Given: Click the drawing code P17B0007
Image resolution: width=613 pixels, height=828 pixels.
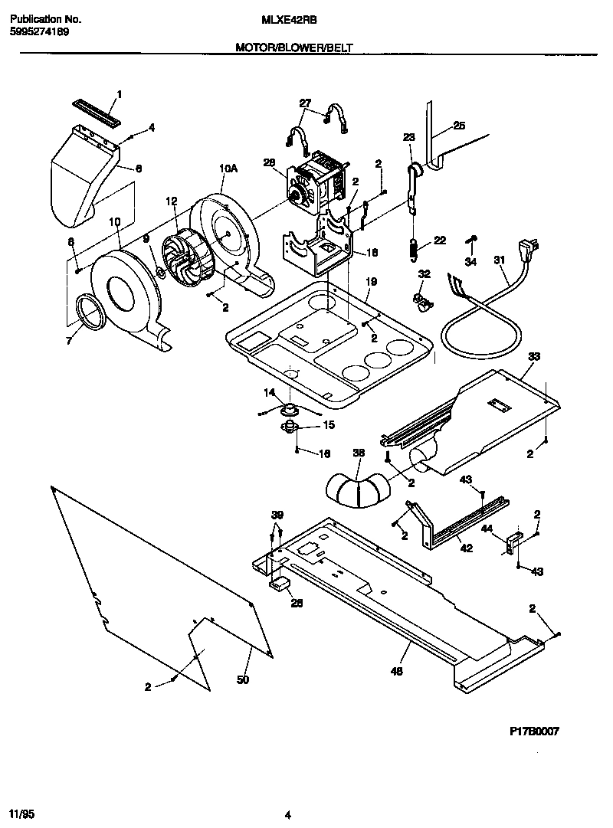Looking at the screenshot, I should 534,731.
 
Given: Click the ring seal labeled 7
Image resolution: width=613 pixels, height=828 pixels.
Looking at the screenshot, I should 91,313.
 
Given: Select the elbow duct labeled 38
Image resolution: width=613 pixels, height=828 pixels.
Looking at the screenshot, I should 355,491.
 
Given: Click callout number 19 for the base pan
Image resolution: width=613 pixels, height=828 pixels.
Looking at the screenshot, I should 370,282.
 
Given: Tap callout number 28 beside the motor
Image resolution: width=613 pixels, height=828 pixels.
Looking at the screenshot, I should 268,162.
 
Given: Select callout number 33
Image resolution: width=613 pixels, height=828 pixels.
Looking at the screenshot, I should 534,356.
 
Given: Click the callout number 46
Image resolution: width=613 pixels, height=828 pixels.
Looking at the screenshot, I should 396,672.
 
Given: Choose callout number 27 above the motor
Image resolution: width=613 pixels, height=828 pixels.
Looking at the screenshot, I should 305,103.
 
